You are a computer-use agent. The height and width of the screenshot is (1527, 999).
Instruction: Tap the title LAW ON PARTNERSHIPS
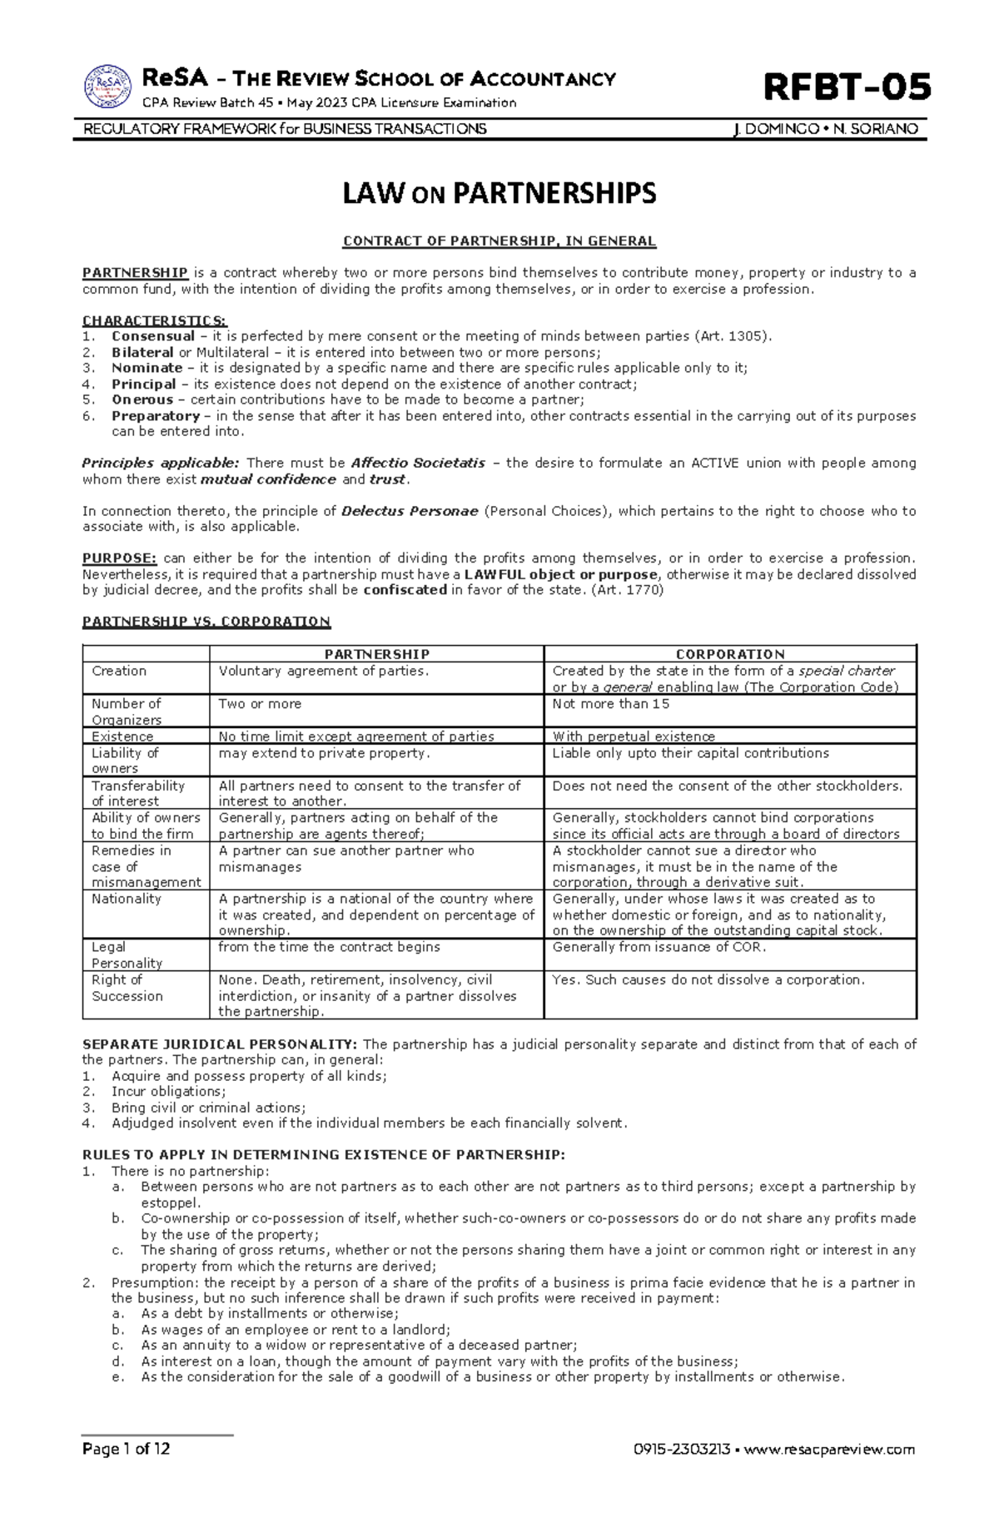(x=499, y=194)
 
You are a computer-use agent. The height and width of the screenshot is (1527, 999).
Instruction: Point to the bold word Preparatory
(x=156, y=416)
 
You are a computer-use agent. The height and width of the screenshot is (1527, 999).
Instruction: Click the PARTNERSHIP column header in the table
(x=376, y=654)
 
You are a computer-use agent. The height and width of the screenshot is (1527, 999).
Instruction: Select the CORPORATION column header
(x=730, y=654)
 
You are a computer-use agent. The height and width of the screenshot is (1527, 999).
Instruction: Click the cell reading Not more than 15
(x=611, y=704)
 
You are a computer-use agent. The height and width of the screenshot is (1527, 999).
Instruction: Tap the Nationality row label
(x=127, y=899)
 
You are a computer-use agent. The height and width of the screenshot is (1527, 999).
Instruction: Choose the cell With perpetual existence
(x=634, y=736)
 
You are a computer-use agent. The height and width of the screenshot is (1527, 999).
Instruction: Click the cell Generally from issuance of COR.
(x=659, y=947)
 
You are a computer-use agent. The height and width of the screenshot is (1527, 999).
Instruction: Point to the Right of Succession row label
(x=127, y=988)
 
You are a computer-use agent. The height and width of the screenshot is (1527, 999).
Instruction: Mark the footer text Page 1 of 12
(x=126, y=1449)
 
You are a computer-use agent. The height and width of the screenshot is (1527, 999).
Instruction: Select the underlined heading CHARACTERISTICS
(x=154, y=320)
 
